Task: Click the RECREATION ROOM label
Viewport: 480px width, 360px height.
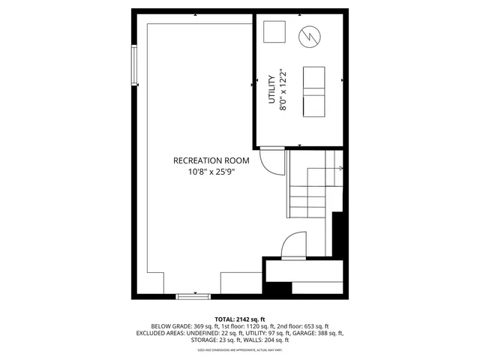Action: (x=211, y=160)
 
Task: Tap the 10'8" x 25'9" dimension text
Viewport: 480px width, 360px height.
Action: (x=211, y=172)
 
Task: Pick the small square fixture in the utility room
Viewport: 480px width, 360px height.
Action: (x=275, y=33)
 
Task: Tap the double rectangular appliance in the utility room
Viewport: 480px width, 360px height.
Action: (x=313, y=91)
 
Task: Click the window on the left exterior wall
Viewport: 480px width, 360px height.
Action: (x=135, y=66)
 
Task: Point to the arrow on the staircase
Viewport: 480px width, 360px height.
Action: (x=339, y=168)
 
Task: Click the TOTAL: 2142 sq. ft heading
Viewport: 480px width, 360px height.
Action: (x=240, y=319)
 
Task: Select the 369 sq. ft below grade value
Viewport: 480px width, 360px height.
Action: (x=207, y=326)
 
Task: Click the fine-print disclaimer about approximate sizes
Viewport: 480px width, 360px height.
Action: (x=240, y=349)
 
